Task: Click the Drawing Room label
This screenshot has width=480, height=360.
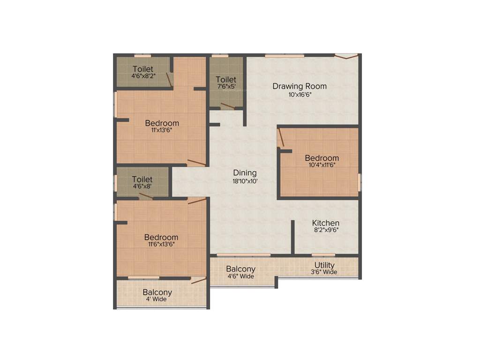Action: tap(300, 86)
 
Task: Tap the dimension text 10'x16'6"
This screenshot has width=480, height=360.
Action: tap(300, 94)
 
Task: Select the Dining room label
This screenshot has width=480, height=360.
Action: tap(245, 173)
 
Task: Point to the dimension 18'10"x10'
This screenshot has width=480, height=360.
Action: tap(245, 180)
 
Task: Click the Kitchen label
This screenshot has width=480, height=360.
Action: tap(326, 223)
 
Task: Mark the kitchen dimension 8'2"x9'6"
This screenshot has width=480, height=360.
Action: tap(326, 230)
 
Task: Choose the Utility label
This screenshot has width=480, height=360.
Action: tap(324, 265)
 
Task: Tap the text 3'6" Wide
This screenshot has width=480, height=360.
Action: tap(324, 272)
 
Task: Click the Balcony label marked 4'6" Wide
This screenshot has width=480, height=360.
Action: tap(240, 269)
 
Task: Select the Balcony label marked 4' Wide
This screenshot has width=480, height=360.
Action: tap(157, 292)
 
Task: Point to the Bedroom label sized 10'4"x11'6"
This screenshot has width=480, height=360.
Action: tap(322, 158)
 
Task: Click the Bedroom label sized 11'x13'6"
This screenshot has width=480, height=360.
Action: tap(162, 123)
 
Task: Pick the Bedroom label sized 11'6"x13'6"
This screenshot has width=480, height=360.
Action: tap(161, 237)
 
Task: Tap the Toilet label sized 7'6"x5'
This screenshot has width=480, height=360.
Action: tap(226, 80)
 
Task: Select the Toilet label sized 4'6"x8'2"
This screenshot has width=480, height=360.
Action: tap(142, 69)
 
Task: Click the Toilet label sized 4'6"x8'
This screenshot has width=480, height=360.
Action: tap(142, 179)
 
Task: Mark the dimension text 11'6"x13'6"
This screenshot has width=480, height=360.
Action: tap(161, 244)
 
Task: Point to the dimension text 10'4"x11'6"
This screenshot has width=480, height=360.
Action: tap(322, 165)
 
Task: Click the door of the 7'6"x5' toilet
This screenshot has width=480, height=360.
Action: tap(227, 105)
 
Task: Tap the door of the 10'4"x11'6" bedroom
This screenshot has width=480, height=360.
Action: tap(280, 138)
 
